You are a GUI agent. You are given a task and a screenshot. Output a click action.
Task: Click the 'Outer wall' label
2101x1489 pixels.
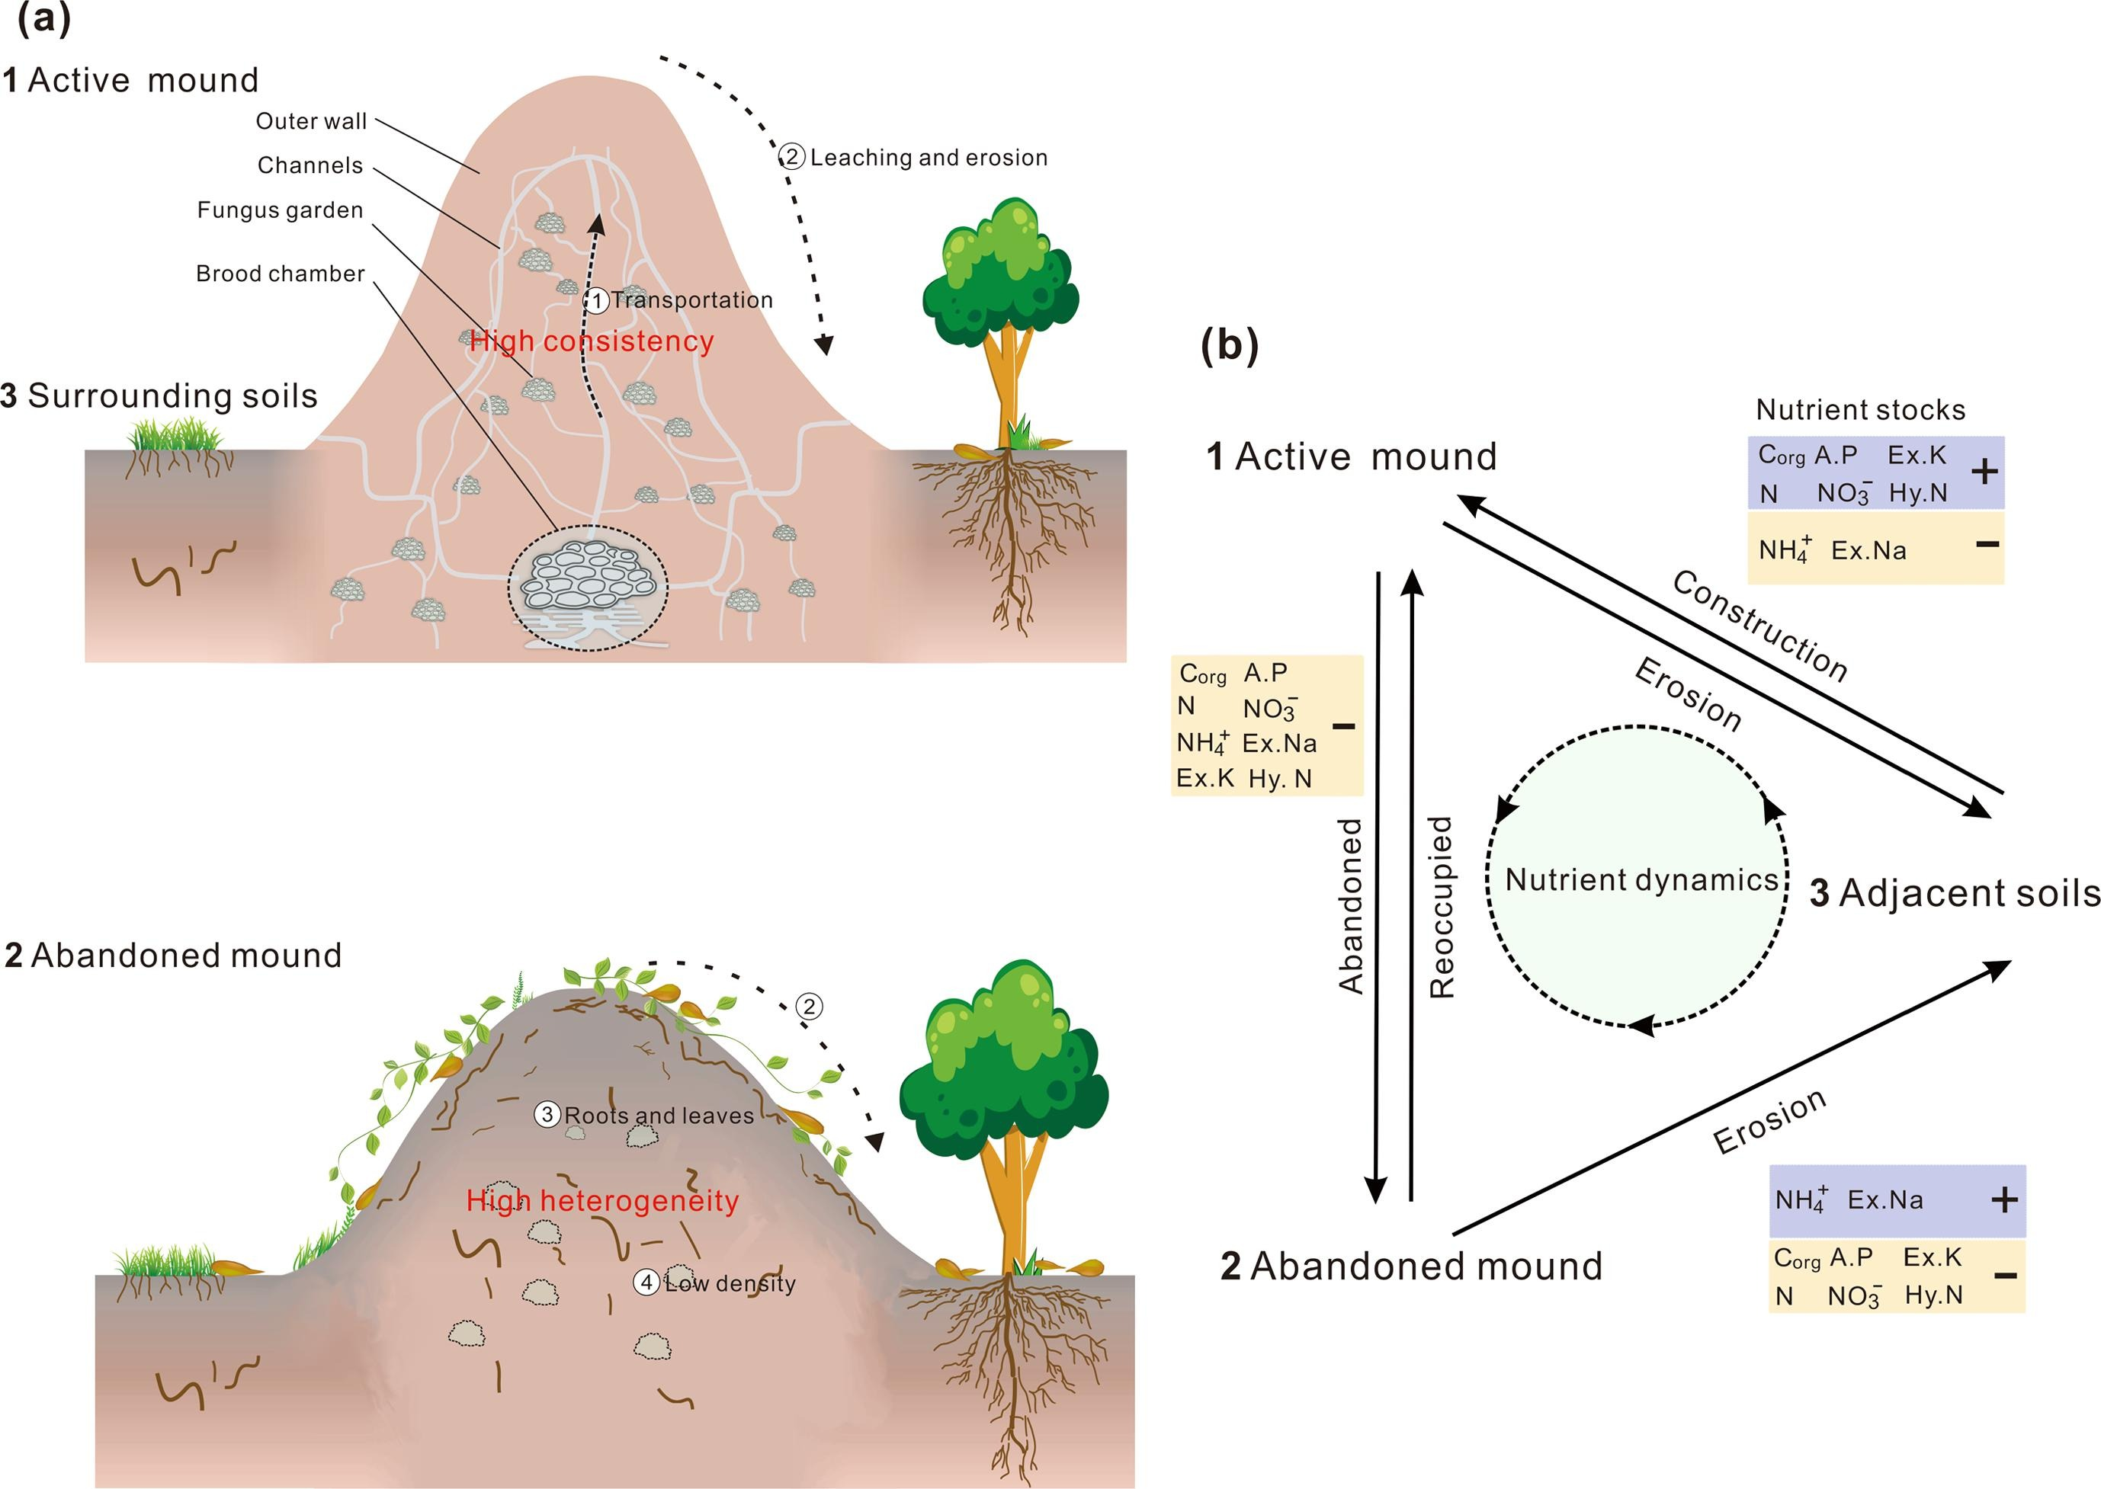[x=311, y=121]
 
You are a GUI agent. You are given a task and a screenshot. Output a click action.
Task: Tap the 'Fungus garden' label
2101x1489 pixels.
[x=280, y=211]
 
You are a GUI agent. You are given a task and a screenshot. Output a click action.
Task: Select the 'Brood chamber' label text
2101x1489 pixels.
[x=280, y=274]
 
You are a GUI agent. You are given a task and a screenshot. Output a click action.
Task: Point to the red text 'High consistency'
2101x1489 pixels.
[x=592, y=342]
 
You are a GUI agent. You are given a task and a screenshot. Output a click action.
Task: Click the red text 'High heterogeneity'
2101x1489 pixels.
[x=601, y=1201]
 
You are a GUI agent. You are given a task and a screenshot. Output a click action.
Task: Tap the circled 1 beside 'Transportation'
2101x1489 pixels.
[x=597, y=301]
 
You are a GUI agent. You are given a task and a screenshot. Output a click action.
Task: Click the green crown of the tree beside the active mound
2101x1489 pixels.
[x=1000, y=266]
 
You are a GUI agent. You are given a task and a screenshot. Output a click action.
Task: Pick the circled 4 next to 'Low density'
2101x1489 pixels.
[x=646, y=1282]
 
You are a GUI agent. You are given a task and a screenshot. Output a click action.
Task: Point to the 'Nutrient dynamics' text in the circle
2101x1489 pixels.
[x=1641, y=880]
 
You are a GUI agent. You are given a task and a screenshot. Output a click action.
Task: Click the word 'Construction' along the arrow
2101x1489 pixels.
[x=1759, y=626]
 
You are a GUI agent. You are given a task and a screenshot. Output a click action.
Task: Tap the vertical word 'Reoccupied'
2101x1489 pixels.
[x=1442, y=907]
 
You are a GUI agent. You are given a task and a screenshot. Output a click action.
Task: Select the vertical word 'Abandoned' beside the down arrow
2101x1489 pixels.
[x=1351, y=907]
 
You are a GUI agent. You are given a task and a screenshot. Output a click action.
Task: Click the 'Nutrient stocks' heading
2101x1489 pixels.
[x=1860, y=410]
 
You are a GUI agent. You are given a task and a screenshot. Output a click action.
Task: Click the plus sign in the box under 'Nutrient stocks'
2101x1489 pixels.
[x=1984, y=472]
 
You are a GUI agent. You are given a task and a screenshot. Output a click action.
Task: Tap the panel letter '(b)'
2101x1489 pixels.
[x=1229, y=346]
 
